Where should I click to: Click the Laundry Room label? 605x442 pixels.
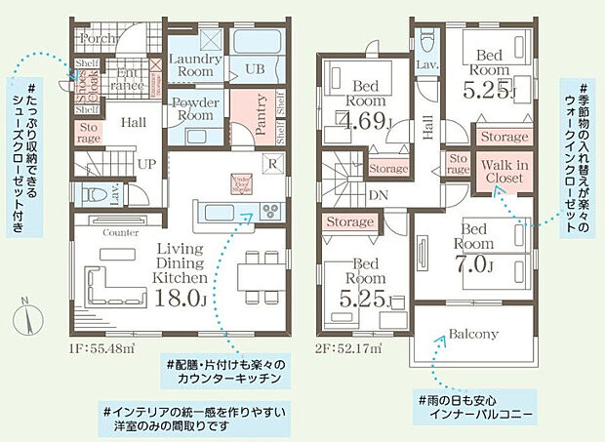tap(196, 65)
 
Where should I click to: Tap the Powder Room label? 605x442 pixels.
tap(196, 109)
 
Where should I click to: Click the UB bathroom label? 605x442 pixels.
tap(254, 68)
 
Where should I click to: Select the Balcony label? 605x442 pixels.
tap(473, 334)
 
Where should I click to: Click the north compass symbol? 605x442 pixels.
tap(26, 318)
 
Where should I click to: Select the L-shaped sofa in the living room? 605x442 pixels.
tap(109, 283)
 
